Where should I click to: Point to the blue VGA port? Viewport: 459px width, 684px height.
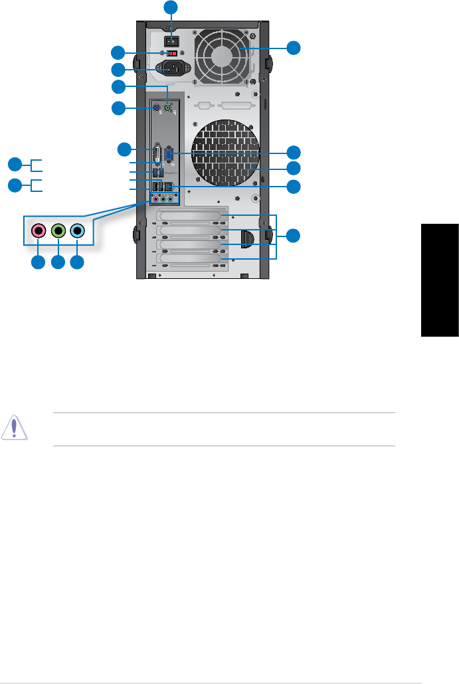169,154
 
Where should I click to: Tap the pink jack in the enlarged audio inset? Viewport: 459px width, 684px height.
39,231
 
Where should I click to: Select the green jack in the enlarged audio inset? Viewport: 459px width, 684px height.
58,231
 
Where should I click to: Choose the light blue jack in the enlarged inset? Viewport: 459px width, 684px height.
78,231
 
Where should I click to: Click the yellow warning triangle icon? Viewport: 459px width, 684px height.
15,428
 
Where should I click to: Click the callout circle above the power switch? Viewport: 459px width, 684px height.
172,7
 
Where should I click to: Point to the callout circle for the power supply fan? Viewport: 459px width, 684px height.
294,47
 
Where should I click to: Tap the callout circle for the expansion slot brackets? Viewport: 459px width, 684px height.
294,235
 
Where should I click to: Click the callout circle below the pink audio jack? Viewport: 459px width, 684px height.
39,263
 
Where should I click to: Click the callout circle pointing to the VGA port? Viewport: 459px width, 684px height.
294,151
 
